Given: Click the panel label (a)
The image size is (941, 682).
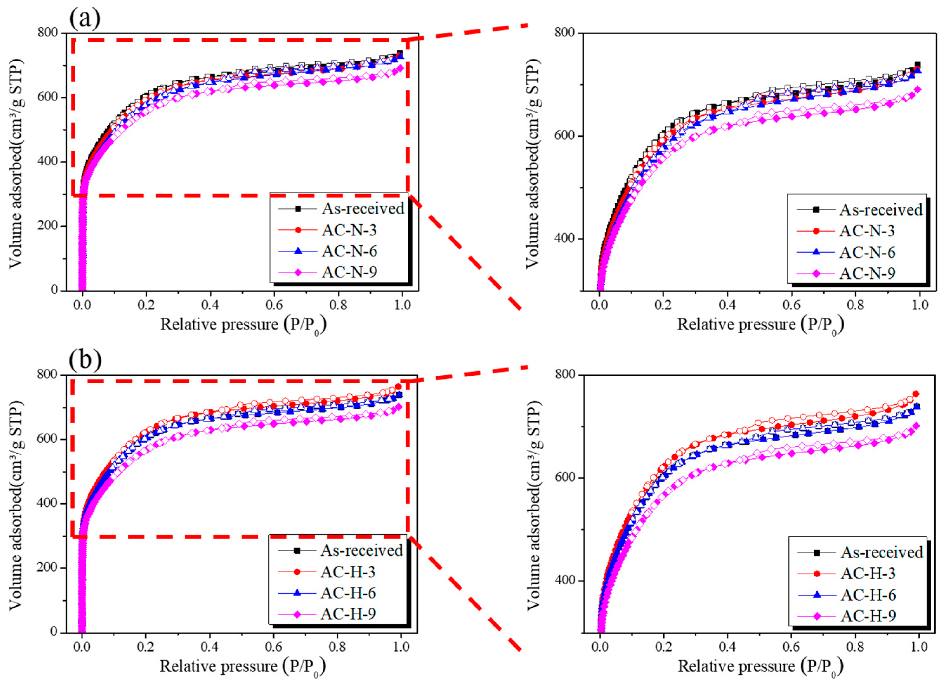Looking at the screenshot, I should click(85, 18).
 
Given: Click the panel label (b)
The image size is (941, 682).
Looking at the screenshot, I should click(85, 360).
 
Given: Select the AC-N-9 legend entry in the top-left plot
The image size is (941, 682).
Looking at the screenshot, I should click(350, 272).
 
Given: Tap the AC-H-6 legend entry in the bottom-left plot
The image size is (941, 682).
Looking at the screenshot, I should click(348, 593).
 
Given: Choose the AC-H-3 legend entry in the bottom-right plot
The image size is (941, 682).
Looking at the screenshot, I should click(868, 573).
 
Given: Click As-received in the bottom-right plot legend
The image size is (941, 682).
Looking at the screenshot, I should click(882, 552).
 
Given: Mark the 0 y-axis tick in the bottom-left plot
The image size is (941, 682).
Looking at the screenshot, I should click(54, 632).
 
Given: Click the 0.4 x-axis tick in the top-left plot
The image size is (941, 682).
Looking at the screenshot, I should click(210, 305).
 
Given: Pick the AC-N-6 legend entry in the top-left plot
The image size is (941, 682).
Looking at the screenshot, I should click(350, 251).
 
